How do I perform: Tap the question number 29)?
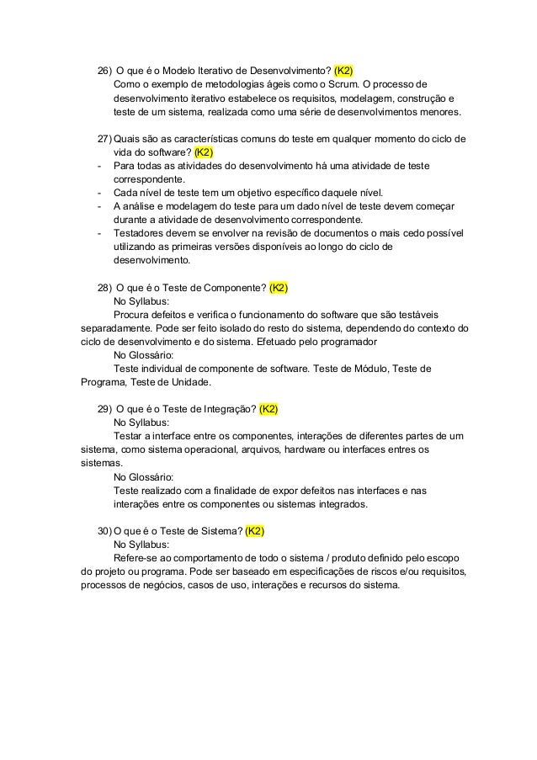[x=104, y=410]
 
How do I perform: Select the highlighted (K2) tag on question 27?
[x=204, y=152]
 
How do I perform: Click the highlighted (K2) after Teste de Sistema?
[x=255, y=531]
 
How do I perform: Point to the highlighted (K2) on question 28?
[x=279, y=288]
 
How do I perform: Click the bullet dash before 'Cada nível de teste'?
[x=99, y=193]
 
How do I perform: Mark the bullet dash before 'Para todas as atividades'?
[x=99, y=166]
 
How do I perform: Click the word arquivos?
[x=258, y=450]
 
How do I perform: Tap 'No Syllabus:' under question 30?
[x=141, y=545]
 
